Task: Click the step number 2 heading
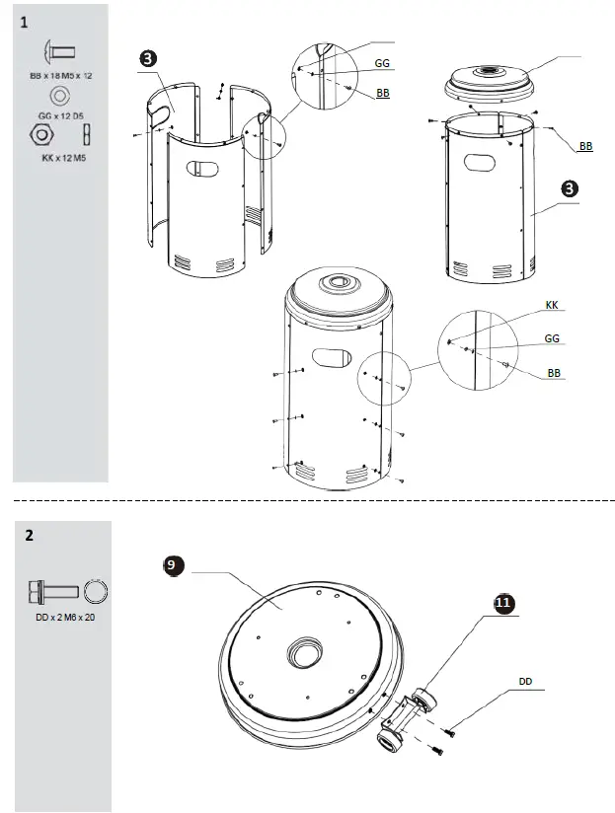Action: pyautogui.click(x=29, y=536)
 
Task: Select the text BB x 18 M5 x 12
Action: pyautogui.click(x=60, y=75)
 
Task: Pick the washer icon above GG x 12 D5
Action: pyautogui.click(x=59, y=96)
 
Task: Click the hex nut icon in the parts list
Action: pyautogui.click(x=43, y=134)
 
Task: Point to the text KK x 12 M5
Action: pyautogui.click(x=61, y=157)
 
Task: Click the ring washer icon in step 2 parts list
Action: pyautogui.click(x=95, y=592)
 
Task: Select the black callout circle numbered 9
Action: pyautogui.click(x=172, y=566)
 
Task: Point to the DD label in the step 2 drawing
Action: pyautogui.click(x=525, y=681)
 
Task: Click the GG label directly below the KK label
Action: pyautogui.click(x=553, y=338)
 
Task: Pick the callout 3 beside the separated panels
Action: pyautogui.click(x=147, y=58)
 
